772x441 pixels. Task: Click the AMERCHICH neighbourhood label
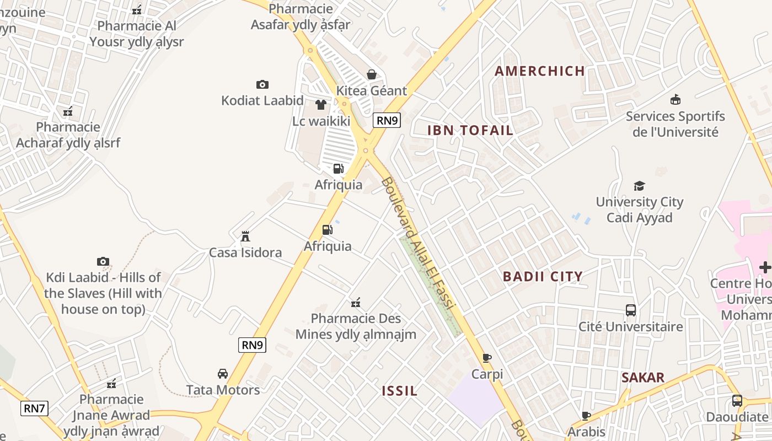[x=539, y=71]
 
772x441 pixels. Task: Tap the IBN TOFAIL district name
[x=470, y=131]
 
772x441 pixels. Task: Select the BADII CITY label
[x=543, y=277]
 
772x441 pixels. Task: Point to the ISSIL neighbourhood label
[x=400, y=391]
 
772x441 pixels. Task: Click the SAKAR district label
[x=642, y=378]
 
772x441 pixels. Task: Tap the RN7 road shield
[x=34, y=408]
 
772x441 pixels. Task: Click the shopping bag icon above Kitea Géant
[x=372, y=74]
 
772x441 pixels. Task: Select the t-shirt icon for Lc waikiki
[x=321, y=105]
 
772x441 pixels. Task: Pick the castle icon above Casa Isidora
[x=245, y=236]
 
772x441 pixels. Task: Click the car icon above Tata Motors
[x=223, y=374]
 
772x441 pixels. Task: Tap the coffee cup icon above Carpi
[x=487, y=358]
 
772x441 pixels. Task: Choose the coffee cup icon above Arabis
[x=586, y=416]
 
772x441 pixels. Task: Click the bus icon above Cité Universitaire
[x=631, y=310]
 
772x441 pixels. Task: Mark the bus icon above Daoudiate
[x=737, y=401]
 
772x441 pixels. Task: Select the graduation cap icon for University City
[x=639, y=186]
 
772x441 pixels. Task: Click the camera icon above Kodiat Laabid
[x=262, y=84]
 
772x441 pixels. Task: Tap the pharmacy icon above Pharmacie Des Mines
[x=356, y=302]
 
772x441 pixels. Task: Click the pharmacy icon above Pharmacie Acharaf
[x=68, y=111]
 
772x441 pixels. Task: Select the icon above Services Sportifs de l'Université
[x=675, y=100]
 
